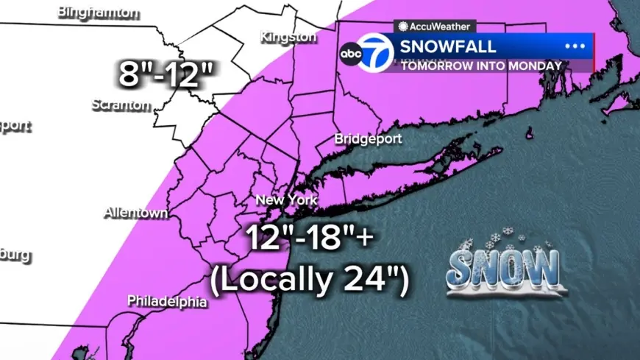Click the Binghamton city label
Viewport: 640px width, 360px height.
[x=98, y=13]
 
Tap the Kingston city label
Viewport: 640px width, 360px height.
[x=287, y=36]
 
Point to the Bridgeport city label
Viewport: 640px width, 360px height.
[x=366, y=138]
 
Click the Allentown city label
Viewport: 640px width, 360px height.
[x=135, y=213]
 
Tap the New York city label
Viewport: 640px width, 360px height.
[x=286, y=200]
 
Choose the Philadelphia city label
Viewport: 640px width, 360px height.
[x=167, y=301]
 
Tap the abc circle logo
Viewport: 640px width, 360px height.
[x=349, y=53]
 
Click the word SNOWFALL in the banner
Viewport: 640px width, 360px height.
[x=448, y=47]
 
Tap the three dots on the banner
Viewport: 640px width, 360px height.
[x=574, y=46]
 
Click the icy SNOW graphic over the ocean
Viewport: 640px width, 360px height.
[x=504, y=268]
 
